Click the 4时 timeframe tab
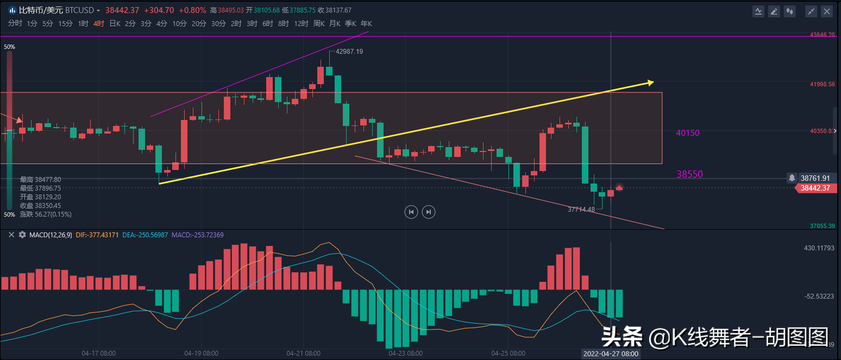pyautogui.click(x=98, y=23)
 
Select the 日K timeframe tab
pyautogui.click(x=115, y=23)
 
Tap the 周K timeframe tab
pyautogui.click(x=318, y=23)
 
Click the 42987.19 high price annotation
pyautogui.click(x=349, y=52)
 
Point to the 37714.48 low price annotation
pyautogui.click(x=581, y=209)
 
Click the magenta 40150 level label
pyautogui.click(x=688, y=133)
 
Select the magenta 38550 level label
pyautogui.click(x=690, y=174)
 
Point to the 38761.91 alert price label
pyautogui.click(x=815, y=178)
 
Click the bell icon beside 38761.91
pyautogui.click(x=792, y=178)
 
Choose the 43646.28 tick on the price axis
pyautogui.click(x=822, y=35)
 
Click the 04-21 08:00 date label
pyautogui.click(x=303, y=353)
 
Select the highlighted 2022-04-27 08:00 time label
pyautogui.click(x=611, y=353)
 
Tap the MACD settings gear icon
pyautogui.click(x=22, y=235)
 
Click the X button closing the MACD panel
pyautogui.click(x=11, y=235)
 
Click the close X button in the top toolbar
pyautogui.click(x=827, y=11)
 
